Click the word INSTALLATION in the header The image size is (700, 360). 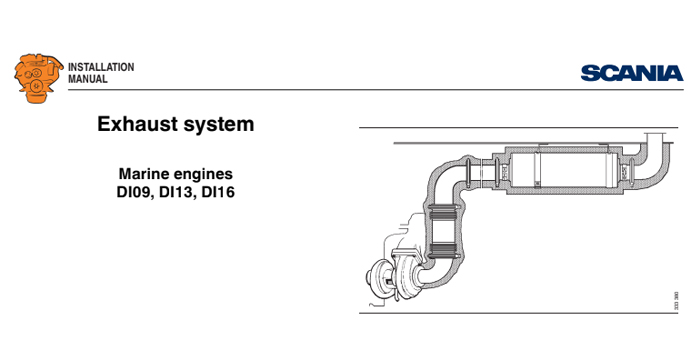point(100,67)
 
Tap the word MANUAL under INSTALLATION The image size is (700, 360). point(87,79)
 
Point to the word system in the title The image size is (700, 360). point(218,125)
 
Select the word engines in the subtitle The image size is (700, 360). point(205,173)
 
